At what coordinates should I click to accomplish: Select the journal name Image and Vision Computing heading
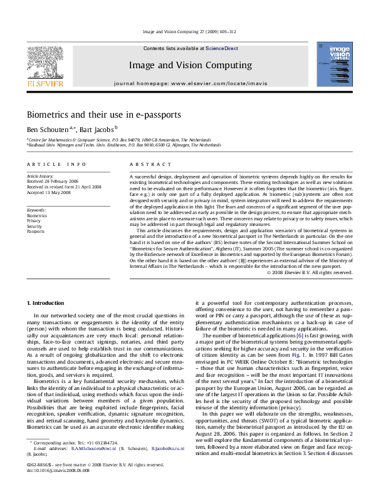coord(186,64)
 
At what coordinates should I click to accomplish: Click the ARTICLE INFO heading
coord(56,164)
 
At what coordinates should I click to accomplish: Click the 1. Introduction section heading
coord(47,303)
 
